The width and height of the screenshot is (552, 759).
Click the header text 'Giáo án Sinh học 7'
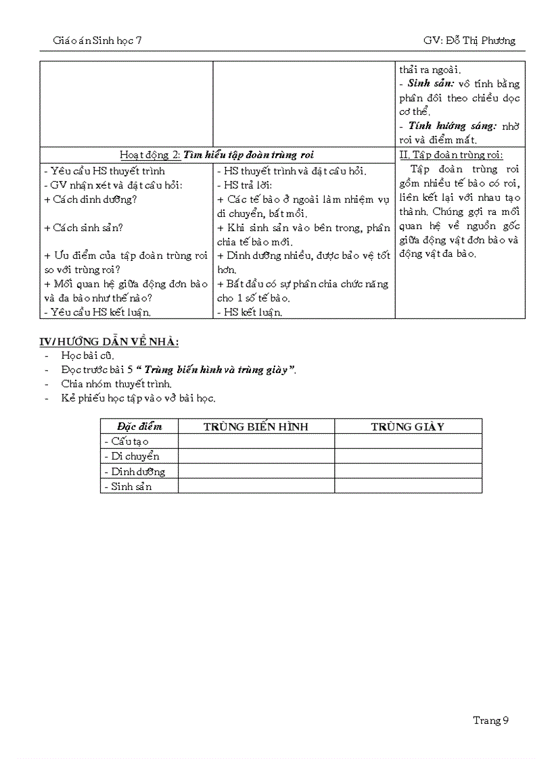pos(97,41)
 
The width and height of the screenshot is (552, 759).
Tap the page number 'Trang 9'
pos(490,720)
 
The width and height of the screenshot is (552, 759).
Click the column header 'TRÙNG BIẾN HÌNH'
pos(256,426)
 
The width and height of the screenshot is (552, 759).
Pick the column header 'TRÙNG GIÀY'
pos(407,426)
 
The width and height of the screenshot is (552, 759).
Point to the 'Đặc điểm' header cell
pos(139,426)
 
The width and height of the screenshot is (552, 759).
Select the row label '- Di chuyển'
pos(132,456)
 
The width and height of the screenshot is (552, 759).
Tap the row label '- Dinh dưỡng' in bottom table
pos(135,472)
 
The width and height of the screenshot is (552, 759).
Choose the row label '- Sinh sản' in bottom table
pos(129,487)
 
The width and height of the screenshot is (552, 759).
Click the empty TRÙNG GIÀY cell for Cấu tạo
pos(408,441)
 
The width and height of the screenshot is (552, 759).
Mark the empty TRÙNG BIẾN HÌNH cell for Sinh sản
pos(256,487)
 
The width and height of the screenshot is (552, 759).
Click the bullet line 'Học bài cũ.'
pos(88,356)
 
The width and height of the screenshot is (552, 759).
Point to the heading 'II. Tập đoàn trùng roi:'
pos(451,155)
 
